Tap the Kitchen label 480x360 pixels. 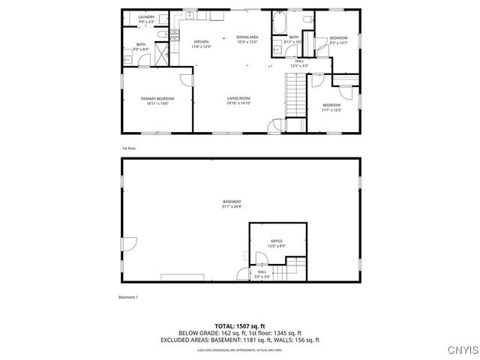(201, 42)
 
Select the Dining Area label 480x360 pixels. (247, 37)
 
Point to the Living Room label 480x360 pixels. (238, 98)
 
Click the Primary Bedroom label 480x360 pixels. (157, 99)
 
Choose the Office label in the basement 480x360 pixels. (277, 241)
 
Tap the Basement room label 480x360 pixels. (232, 202)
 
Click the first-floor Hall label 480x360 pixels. (299, 61)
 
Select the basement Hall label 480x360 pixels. (262, 271)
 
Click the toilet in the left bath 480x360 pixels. (161, 36)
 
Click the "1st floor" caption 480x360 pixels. (128, 148)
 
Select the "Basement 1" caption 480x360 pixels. (129, 298)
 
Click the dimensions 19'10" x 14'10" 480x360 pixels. (238, 103)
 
